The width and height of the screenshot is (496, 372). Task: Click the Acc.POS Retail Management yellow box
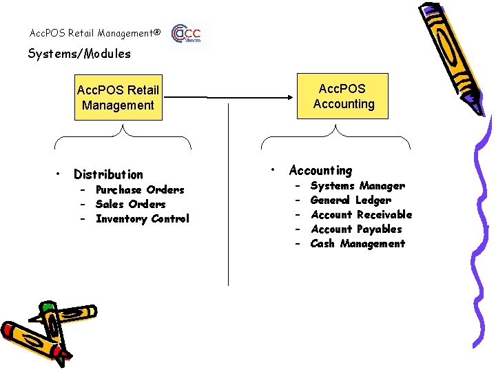tap(118, 98)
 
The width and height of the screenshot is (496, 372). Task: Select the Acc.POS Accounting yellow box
tap(343, 96)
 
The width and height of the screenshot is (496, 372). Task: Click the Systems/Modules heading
tap(79, 53)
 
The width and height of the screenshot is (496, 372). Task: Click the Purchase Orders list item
tap(140, 189)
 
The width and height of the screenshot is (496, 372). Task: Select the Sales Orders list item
tap(130, 204)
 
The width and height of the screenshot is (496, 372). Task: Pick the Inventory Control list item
tap(142, 219)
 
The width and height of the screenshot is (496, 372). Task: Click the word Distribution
tap(108, 174)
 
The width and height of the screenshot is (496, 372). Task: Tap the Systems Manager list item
tap(358, 185)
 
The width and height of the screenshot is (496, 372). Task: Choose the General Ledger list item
tap(351, 200)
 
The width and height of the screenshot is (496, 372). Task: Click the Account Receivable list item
tap(361, 214)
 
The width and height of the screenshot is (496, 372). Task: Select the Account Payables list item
tap(356, 229)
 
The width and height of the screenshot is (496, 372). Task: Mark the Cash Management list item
tap(358, 243)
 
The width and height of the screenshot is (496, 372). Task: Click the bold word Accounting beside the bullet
tap(320, 170)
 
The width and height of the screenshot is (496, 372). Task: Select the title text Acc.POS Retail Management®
tap(95, 33)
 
